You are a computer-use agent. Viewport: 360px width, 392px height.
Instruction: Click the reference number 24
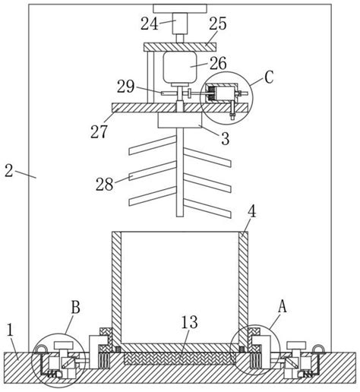tap(150, 24)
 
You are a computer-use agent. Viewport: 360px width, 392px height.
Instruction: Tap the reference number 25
tap(218, 24)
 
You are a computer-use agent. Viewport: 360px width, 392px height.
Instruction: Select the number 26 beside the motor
tap(218, 63)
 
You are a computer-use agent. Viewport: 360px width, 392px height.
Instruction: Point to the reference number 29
tap(125, 87)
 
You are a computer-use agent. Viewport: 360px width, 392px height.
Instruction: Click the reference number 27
tap(99, 131)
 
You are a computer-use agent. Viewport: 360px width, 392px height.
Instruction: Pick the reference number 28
tap(104, 184)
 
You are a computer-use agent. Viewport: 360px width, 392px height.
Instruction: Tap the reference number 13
tap(190, 322)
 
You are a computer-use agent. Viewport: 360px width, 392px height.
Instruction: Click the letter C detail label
tap(269, 77)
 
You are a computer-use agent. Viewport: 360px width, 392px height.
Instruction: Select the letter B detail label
tap(75, 308)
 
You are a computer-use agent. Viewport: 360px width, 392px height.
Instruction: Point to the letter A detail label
tap(283, 306)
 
